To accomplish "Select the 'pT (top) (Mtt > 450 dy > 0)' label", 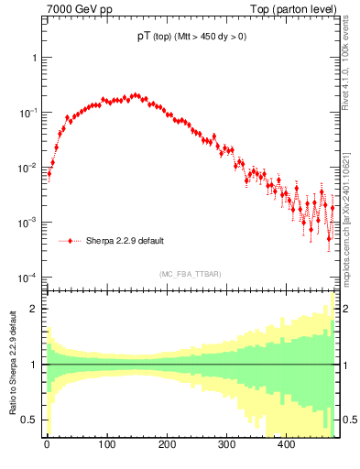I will (191, 38).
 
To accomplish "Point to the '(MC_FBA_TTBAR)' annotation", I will (191, 274).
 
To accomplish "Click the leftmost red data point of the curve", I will (49, 173).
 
